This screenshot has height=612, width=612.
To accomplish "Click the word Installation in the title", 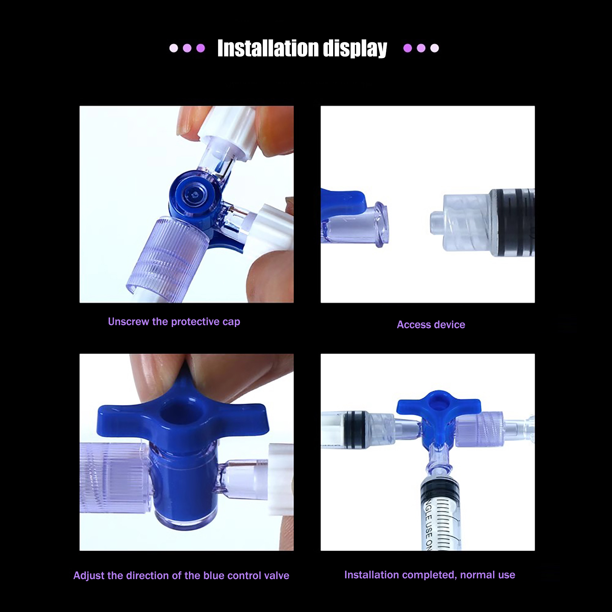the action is (x=268, y=48).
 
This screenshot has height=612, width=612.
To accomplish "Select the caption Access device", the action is (x=431, y=325).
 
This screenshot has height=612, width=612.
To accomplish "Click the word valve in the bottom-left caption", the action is (x=276, y=576).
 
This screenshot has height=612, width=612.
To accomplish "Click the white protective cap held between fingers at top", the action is (x=226, y=130).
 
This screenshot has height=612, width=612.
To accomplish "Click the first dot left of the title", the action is (x=174, y=48).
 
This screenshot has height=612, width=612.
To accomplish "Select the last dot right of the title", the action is (x=435, y=48).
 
